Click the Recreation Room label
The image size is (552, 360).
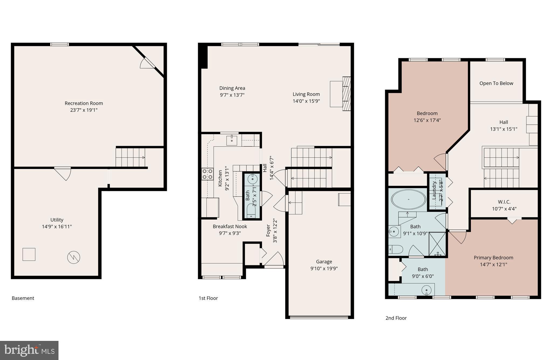[84, 103]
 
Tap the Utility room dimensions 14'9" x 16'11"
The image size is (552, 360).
[57, 227]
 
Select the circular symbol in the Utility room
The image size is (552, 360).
[74, 258]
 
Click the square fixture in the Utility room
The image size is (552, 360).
[29, 254]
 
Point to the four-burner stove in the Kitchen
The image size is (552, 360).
[207, 174]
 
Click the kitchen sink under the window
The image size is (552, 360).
[232, 140]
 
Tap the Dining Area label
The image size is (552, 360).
[232, 88]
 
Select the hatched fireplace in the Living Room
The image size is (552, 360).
[347, 94]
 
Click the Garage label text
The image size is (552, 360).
[324, 262]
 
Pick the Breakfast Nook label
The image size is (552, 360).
[230, 227]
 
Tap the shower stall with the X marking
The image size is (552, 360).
[437, 244]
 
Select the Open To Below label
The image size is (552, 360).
[496, 83]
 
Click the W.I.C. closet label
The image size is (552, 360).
[504, 202]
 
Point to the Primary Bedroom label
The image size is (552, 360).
[493, 258]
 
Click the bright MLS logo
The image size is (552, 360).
[29, 350]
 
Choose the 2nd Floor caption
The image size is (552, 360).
[396, 318]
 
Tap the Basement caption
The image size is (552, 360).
[23, 298]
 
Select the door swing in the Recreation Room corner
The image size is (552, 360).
[147, 64]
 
